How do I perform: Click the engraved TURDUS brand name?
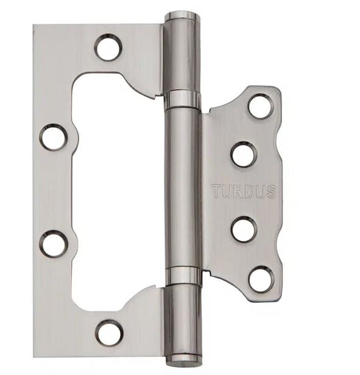coord(244,191)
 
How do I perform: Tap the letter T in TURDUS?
coord(217,191)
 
